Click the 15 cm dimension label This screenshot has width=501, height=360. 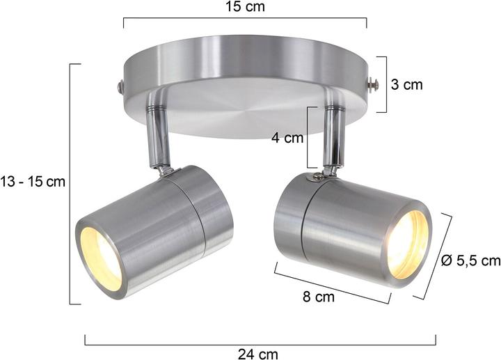246,8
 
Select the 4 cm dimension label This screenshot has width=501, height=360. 287,138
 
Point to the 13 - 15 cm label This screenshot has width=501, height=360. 33,182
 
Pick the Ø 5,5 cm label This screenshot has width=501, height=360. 471,260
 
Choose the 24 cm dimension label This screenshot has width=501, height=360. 258,354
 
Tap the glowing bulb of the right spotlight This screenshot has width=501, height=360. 406,243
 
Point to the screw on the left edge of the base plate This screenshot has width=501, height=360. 120,87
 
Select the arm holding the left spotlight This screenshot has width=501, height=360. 156,136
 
